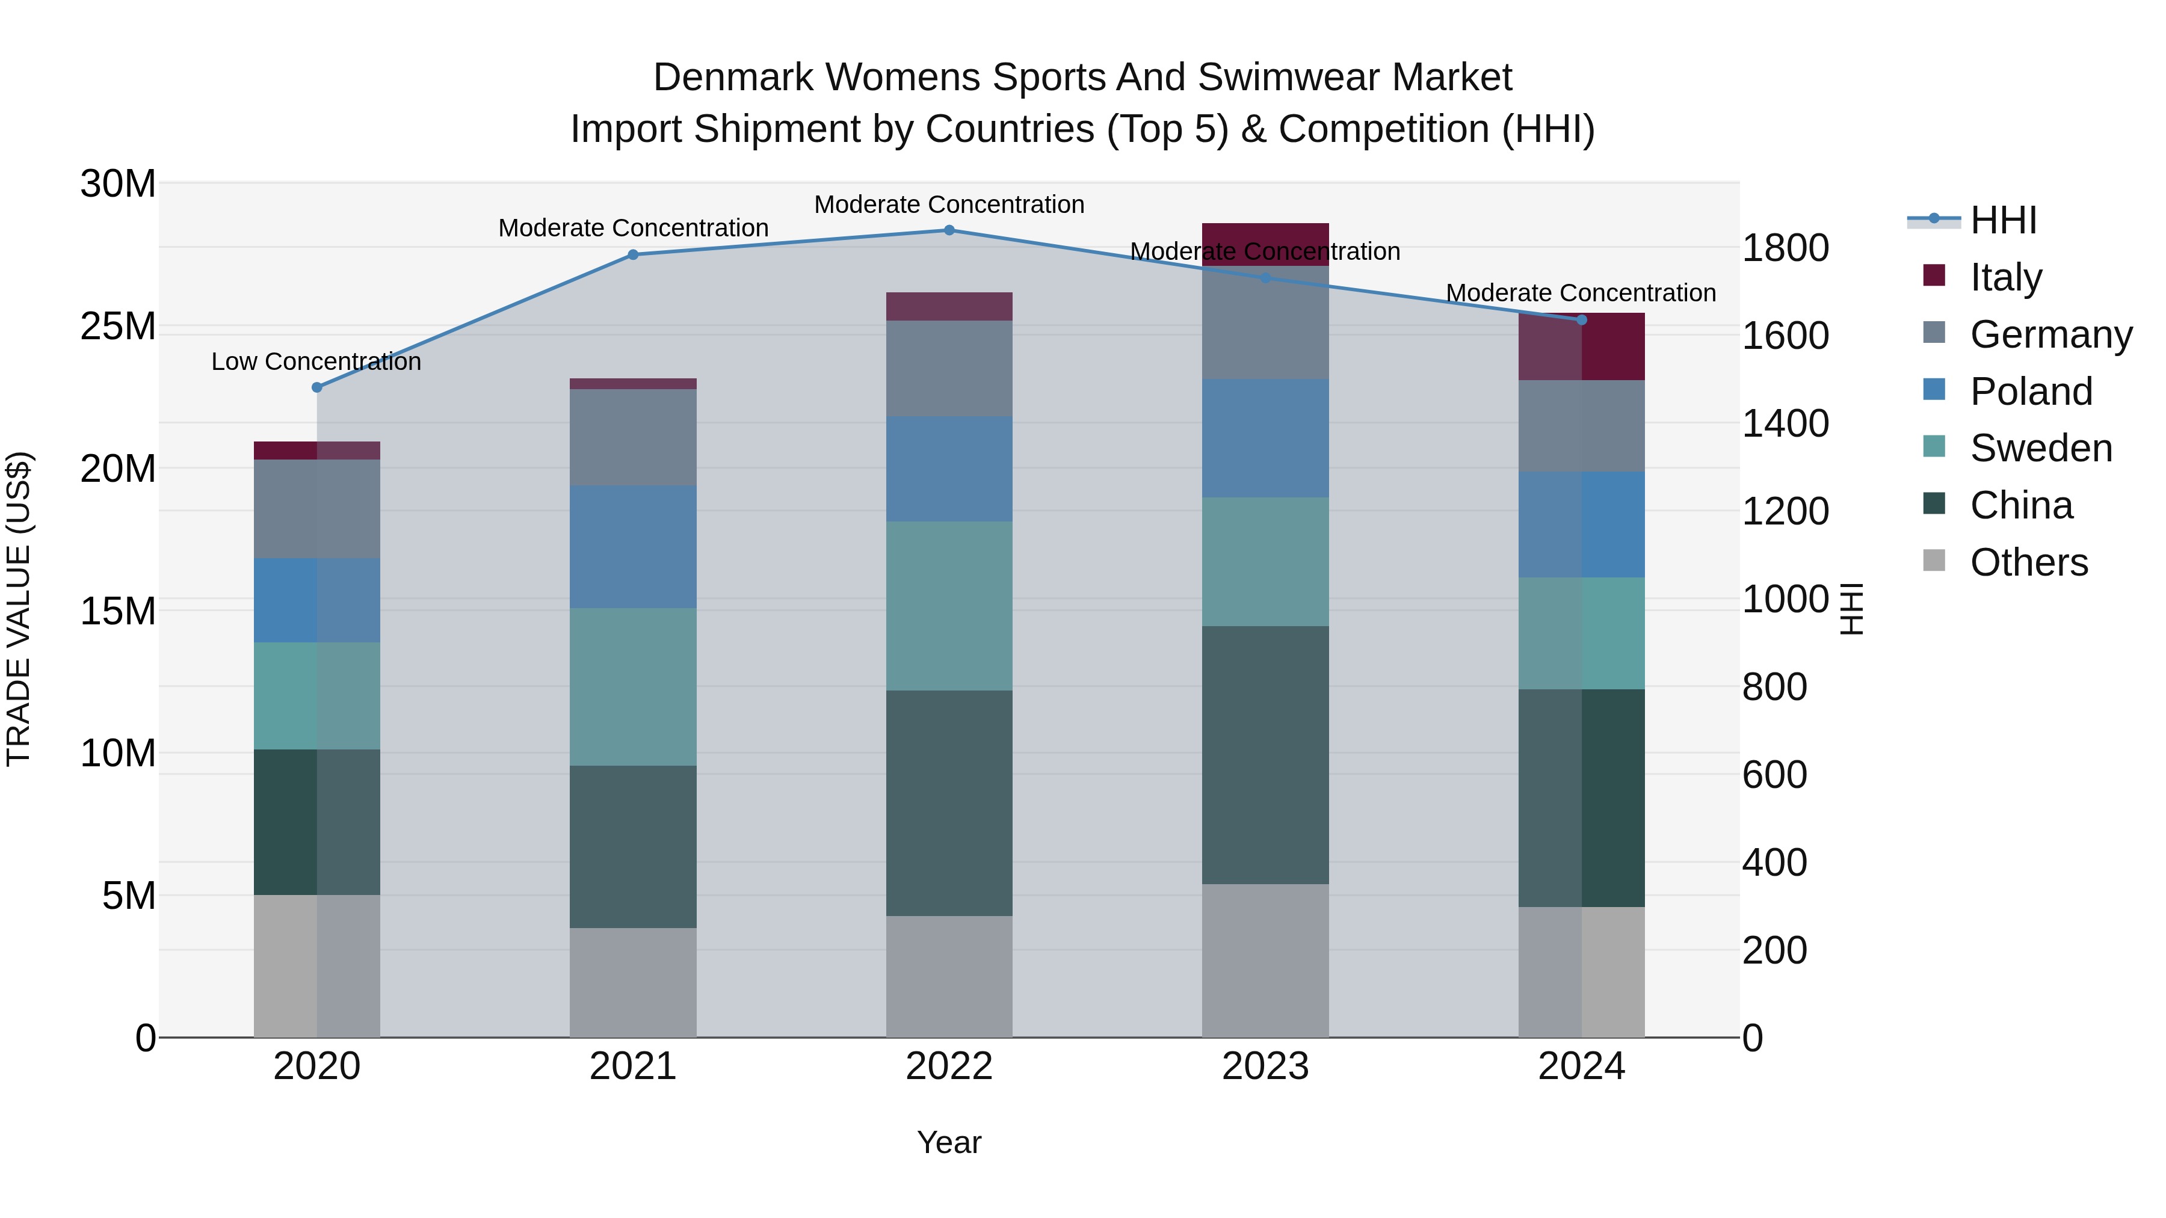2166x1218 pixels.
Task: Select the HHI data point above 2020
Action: (x=317, y=387)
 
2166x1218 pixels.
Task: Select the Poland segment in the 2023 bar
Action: (x=1265, y=438)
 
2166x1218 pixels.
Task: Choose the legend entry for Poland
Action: (x=2030, y=392)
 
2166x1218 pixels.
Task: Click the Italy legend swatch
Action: (x=1934, y=275)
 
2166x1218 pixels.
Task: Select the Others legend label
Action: (x=2028, y=562)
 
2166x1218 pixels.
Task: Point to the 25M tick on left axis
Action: (x=118, y=326)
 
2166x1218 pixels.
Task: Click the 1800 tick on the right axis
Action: (x=1785, y=249)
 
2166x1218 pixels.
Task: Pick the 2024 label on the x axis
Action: (x=1581, y=1066)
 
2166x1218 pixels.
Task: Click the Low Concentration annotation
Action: (x=316, y=361)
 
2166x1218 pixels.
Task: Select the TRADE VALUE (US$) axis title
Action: (x=19, y=609)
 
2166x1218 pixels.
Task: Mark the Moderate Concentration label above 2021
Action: (x=633, y=228)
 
